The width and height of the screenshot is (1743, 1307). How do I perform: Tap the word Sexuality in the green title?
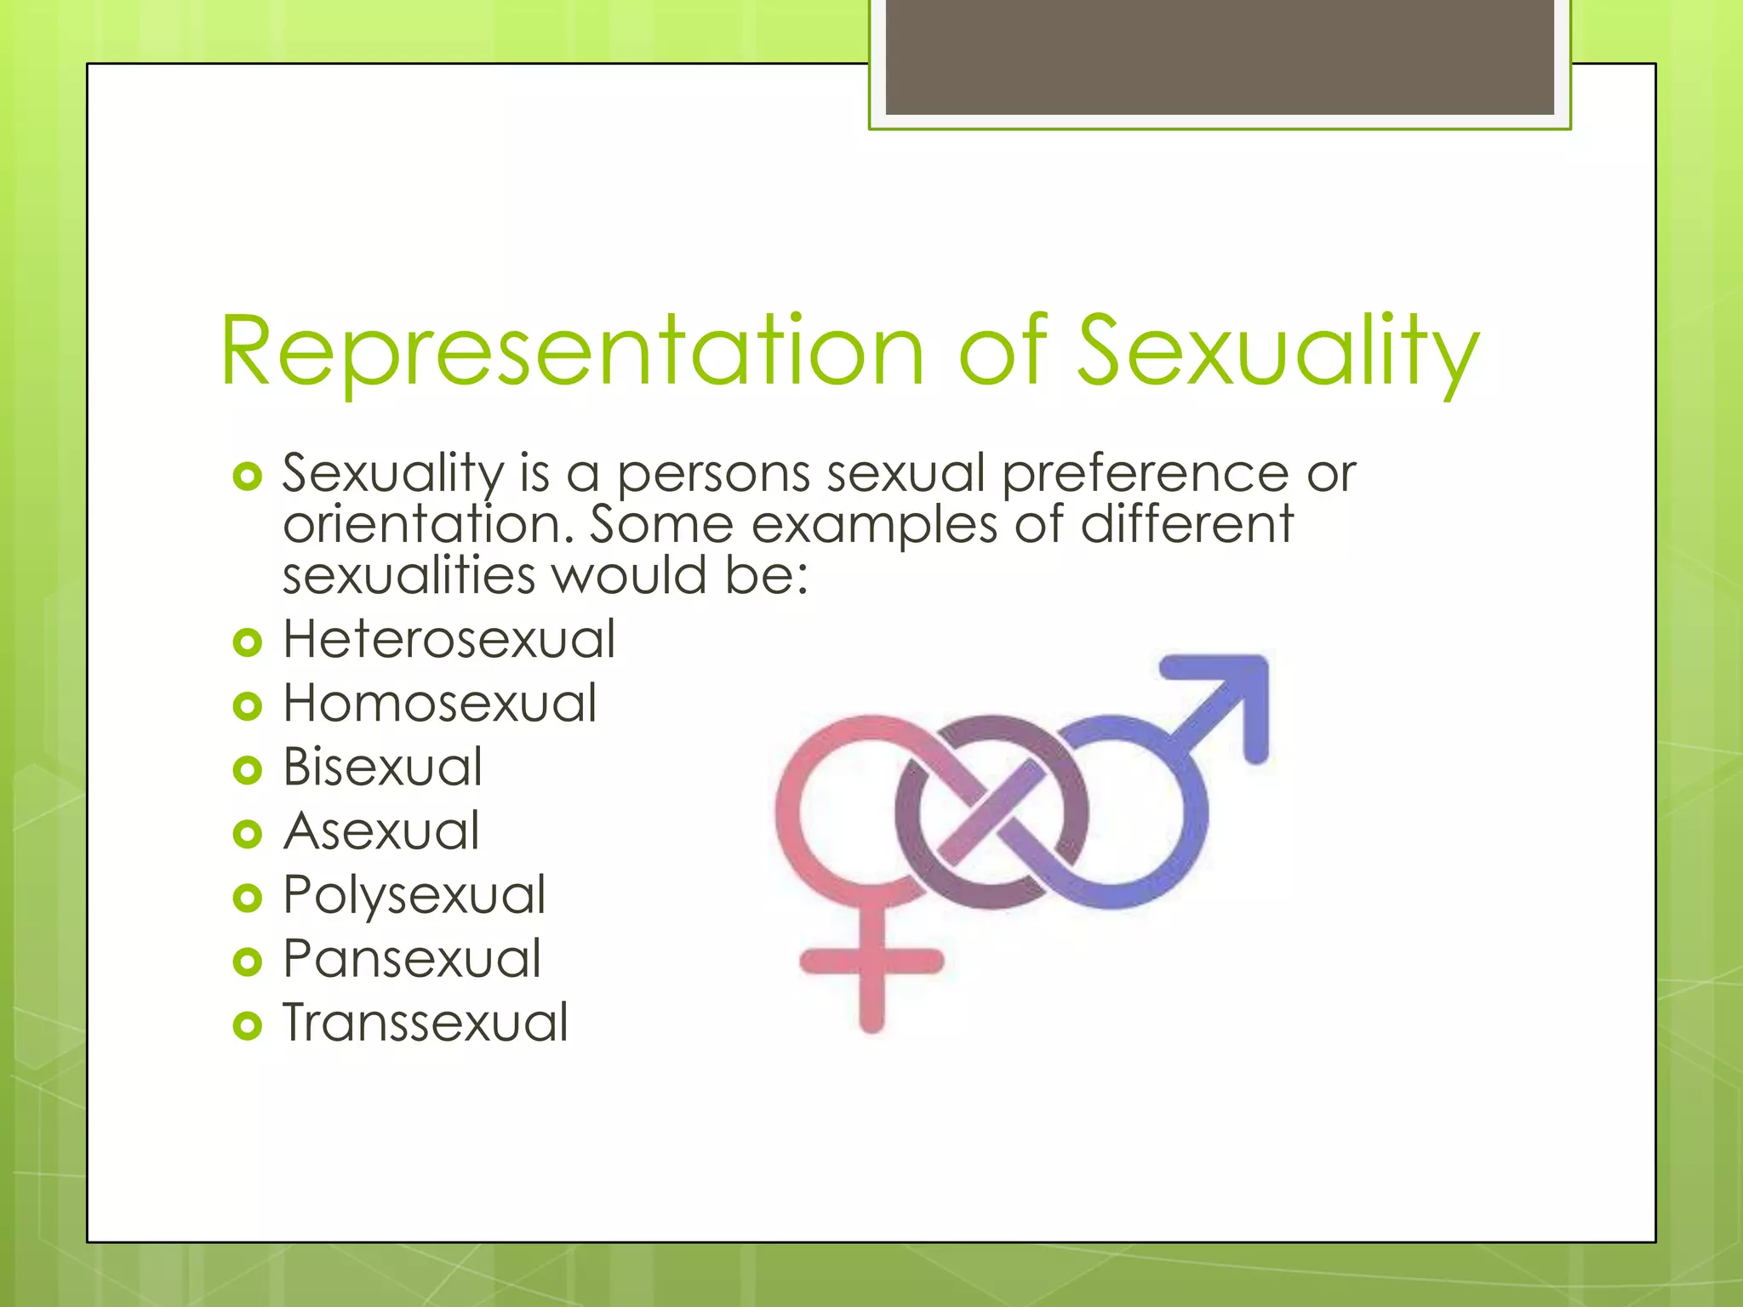click(1277, 351)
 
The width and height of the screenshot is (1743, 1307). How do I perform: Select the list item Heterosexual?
click(449, 639)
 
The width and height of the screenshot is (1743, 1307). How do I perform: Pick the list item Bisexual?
click(382, 767)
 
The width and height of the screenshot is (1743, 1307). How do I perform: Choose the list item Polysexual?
click(414, 895)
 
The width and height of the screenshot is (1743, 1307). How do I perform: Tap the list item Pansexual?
click(412, 959)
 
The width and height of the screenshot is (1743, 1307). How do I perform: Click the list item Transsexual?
click(426, 1023)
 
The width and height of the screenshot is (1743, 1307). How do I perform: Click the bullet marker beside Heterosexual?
click(247, 642)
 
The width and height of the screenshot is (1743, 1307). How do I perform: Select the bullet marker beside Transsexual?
click(247, 1025)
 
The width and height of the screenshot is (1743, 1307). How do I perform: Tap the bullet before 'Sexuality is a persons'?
click(247, 477)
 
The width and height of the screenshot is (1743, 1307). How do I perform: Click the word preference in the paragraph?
click(1145, 474)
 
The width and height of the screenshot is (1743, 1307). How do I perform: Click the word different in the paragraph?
click(1186, 524)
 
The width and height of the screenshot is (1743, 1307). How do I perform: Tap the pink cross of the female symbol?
click(871, 962)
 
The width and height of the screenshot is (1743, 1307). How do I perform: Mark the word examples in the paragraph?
click(874, 526)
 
